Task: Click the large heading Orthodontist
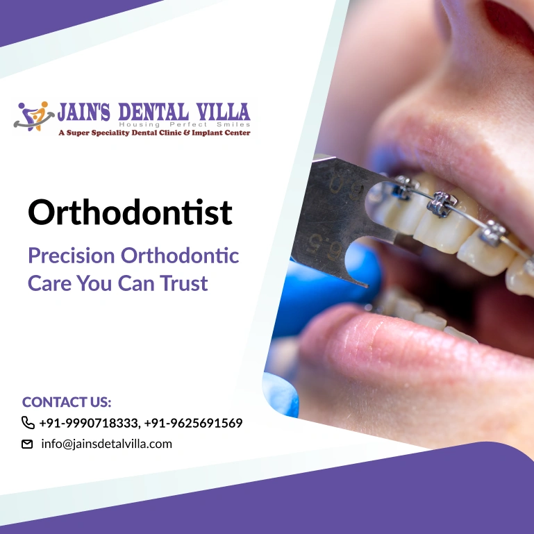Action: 130,212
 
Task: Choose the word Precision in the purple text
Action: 72,256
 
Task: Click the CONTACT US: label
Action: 67,402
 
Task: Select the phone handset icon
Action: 28,423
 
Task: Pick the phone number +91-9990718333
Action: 89,423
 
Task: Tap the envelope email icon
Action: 28,444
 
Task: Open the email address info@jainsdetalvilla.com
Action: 107,444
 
